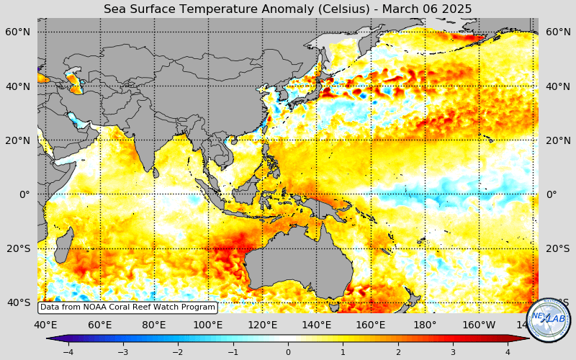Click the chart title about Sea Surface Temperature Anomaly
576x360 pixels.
pyautogui.click(x=288, y=9)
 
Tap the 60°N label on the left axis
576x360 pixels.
pyautogui.click(x=18, y=32)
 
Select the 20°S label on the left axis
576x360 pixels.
pyautogui.click(x=18, y=248)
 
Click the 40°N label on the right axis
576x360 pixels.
pyautogui.click(x=558, y=86)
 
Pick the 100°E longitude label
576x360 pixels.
pyautogui.click(x=208, y=325)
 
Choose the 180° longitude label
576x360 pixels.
pyautogui.click(x=425, y=325)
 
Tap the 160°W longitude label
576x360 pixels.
pyautogui.click(x=479, y=325)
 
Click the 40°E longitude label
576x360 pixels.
pyautogui.click(x=45, y=325)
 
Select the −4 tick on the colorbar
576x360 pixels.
pyautogui.click(x=68, y=352)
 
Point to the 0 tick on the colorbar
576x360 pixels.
pyautogui.click(x=288, y=352)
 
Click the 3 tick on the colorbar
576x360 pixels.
pyautogui.click(x=453, y=352)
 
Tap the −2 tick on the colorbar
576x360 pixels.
pyautogui.click(x=178, y=352)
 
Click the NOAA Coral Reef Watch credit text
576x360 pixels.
pyautogui.click(x=127, y=307)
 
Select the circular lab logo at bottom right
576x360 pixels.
pyautogui.click(x=549, y=318)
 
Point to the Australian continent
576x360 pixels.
pyautogui.click(x=299, y=256)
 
